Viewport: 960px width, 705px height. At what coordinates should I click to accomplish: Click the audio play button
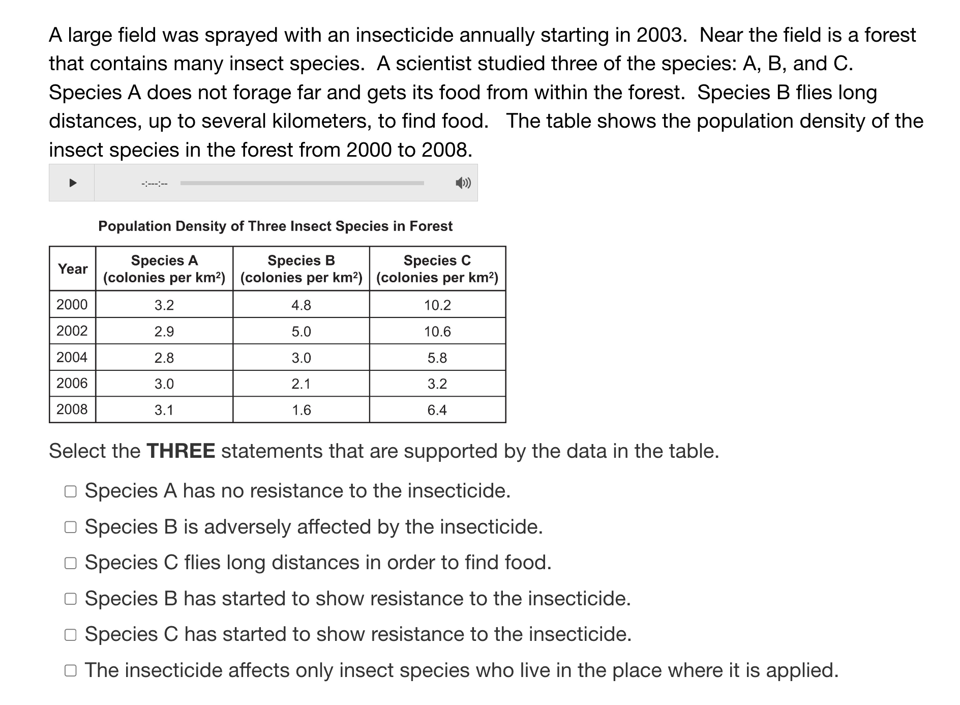click(73, 183)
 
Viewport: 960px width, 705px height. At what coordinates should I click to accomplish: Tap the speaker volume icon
click(463, 183)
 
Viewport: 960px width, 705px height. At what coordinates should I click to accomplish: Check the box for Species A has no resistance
click(71, 491)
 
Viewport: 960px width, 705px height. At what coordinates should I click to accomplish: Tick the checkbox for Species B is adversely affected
click(71, 527)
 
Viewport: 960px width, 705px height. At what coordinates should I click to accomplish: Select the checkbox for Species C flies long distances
click(71, 563)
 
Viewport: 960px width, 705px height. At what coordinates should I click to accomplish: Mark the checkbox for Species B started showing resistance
click(71, 599)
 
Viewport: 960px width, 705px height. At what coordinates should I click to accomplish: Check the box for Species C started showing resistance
click(71, 635)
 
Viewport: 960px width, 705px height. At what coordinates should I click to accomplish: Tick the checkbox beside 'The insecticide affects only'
click(71, 670)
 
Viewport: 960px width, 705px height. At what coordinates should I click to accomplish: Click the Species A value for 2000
click(164, 305)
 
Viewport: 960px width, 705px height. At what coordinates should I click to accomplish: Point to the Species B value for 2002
click(301, 332)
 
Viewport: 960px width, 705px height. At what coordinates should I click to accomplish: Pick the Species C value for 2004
click(437, 358)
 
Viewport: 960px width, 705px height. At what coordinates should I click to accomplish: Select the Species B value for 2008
click(301, 410)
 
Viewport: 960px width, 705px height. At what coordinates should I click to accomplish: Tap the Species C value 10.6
click(437, 332)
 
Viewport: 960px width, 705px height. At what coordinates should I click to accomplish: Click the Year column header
click(73, 269)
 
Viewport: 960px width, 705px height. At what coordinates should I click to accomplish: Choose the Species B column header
click(301, 269)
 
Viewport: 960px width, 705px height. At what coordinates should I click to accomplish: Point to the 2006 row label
click(72, 384)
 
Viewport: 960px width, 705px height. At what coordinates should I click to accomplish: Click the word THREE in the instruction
click(181, 451)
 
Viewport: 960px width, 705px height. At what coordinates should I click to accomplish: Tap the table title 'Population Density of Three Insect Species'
click(275, 226)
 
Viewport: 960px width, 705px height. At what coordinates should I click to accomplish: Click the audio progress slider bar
click(302, 183)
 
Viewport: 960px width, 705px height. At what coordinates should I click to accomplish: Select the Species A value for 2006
click(164, 384)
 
